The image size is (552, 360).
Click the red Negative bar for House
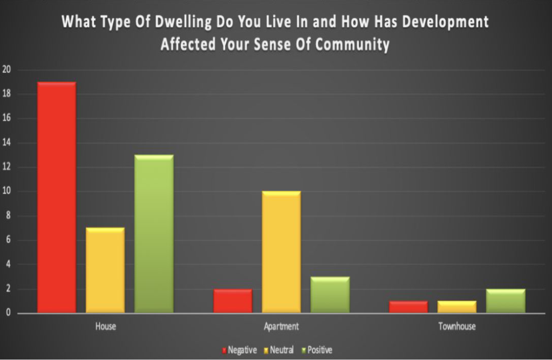[57, 197]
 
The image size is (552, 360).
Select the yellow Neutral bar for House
[105, 270]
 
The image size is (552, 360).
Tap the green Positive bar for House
[154, 234]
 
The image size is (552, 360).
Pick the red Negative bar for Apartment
[233, 301]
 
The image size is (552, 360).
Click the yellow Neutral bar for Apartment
[281, 252]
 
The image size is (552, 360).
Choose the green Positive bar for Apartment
[330, 295]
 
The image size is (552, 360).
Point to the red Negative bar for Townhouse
[408, 307]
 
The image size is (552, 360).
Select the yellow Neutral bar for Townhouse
[457, 307]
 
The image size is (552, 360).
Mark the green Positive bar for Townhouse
[506, 301]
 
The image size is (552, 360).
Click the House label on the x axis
[106, 326]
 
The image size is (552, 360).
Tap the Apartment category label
[281, 327]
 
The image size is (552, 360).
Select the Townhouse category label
[457, 326]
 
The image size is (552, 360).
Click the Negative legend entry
[240, 350]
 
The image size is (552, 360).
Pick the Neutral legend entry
[279, 350]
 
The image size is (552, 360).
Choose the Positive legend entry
[317, 350]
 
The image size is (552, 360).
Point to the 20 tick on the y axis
[6, 70]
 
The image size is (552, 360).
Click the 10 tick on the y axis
[6, 191]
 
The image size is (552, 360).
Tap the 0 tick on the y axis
[8, 313]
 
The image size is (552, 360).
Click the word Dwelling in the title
[183, 22]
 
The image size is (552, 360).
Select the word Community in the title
[352, 44]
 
